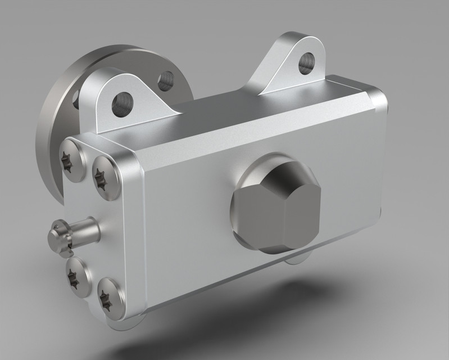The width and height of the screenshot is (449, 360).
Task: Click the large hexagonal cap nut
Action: point(276,206)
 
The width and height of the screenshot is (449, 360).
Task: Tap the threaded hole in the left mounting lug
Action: point(121,105)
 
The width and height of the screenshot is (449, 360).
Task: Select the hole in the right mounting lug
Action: point(306,62)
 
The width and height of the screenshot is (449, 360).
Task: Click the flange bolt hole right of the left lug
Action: point(165,82)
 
